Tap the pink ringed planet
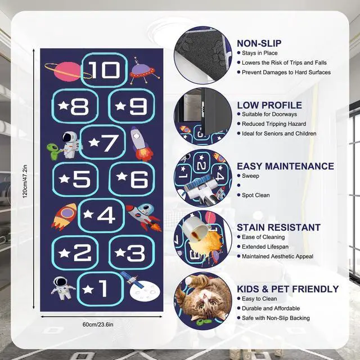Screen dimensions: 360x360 pyautogui.click(x=67, y=71)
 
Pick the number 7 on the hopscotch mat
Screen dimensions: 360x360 pyautogui.click(x=110, y=143)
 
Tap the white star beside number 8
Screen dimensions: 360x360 pyautogui.click(x=64, y=106)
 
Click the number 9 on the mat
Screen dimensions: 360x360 pyautogui.click(x=138, y=106)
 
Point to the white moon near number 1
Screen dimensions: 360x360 pyautogui.click(x=145, y=291)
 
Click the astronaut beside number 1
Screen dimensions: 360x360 pyautogui.click(x=62, y=288)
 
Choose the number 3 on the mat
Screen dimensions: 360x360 pyautogui.click(x=136, y=253)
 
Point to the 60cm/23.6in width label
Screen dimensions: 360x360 pyautogui.click(x=98, y=325)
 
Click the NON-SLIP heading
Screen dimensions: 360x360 pyautogui.click(x=259, y=43)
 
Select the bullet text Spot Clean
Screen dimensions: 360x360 pyautogui.click(x=256, y=195)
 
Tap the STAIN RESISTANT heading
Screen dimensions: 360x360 pyautogui.click(x=279, y=227)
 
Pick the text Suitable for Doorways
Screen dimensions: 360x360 pyautogui.click(x=269, y=114)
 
